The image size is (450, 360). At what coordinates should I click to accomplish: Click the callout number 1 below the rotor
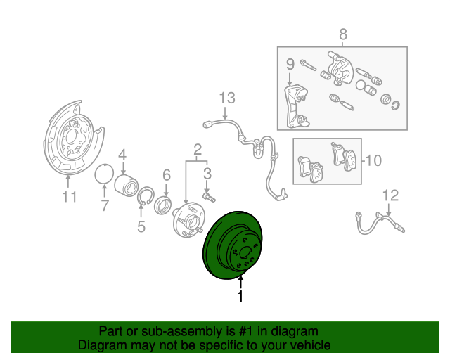240,297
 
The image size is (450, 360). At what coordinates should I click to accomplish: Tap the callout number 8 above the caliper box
343,34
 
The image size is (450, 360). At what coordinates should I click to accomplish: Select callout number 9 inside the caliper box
290,65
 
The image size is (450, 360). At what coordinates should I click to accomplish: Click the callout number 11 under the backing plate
68,197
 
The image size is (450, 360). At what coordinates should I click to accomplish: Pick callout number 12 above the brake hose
391,195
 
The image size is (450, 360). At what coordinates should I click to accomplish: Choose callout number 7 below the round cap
105,206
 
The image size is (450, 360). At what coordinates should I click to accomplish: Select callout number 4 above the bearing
122,155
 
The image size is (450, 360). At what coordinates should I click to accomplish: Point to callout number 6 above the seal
167,175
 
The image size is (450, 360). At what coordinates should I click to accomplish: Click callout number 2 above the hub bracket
198,148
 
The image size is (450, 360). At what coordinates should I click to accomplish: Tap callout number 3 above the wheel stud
207,172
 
